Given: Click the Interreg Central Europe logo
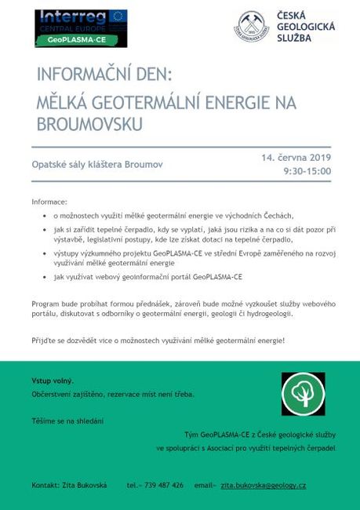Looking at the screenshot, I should click(80, 27).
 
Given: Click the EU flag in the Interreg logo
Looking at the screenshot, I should click(118, 17).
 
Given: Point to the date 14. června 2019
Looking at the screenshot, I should click(296, 158).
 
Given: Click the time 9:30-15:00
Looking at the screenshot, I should click(307, 170).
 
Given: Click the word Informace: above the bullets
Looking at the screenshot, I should click(49, 202).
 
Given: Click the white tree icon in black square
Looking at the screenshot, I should click(303, 394).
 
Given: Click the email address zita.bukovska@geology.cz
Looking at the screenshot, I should click(264, 485).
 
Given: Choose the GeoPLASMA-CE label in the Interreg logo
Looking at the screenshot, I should click(80, 38).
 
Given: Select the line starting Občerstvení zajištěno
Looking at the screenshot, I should click(113, 394).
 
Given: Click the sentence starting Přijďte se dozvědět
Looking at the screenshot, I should click(158, 341).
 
